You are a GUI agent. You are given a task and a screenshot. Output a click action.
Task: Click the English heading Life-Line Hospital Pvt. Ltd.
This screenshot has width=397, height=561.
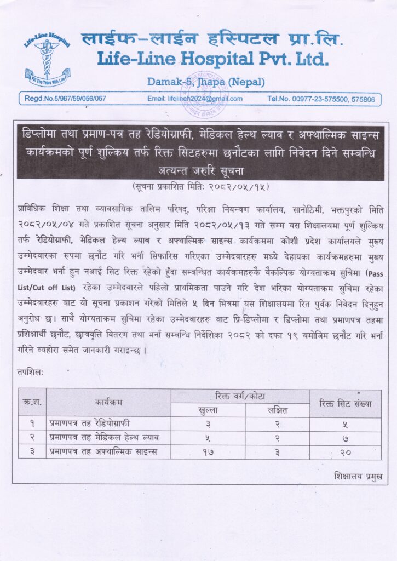point(213,58)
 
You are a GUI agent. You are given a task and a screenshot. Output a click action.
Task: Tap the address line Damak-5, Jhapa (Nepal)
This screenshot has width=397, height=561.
point(206,82)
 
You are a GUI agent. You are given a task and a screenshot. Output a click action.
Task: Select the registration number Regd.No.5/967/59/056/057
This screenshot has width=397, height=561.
point(65,99)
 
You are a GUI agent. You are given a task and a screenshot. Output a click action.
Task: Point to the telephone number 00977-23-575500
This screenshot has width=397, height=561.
point(320,99)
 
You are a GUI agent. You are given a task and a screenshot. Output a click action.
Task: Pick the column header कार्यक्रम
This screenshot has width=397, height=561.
point(108,403)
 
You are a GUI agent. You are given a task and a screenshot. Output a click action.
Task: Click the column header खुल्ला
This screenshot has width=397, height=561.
point(207,410)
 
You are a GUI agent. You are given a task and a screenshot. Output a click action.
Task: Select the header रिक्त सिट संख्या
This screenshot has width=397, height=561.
point(345,403)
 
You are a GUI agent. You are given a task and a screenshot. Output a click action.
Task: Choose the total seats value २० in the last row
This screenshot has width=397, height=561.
point(345,451)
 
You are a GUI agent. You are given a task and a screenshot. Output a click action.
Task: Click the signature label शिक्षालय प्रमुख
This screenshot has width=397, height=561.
point(358,477)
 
